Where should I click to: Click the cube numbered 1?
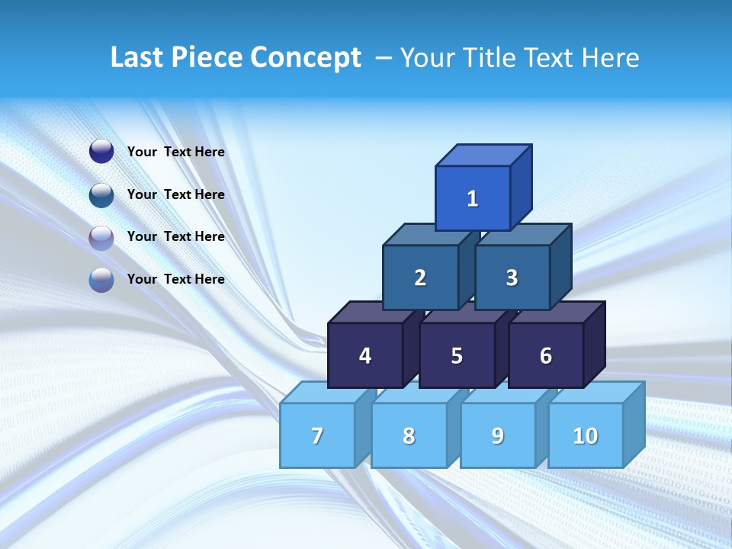[x=473, y=198]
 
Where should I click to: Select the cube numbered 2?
[x=420, y=278]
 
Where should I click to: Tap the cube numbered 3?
[x=512, y=278]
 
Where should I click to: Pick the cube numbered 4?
[x=365, y=355]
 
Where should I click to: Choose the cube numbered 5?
[x=457, y=355]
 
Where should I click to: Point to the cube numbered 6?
[x=546, y=355]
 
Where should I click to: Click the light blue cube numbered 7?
[x=317, y=435]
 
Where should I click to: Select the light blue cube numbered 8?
[x=409, y=435]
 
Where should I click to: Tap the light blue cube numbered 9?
[x=498, y=435]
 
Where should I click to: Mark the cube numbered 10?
[x=585, y=435]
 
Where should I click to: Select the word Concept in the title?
[x=306, y=57]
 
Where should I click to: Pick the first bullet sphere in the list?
[x=101, y=152]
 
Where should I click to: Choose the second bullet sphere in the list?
[x=101, y=194]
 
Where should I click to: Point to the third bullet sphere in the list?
[x=101, y=237]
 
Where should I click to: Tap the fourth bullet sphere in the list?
[x=101, y=280]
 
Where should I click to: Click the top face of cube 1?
[x=483, y=155]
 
